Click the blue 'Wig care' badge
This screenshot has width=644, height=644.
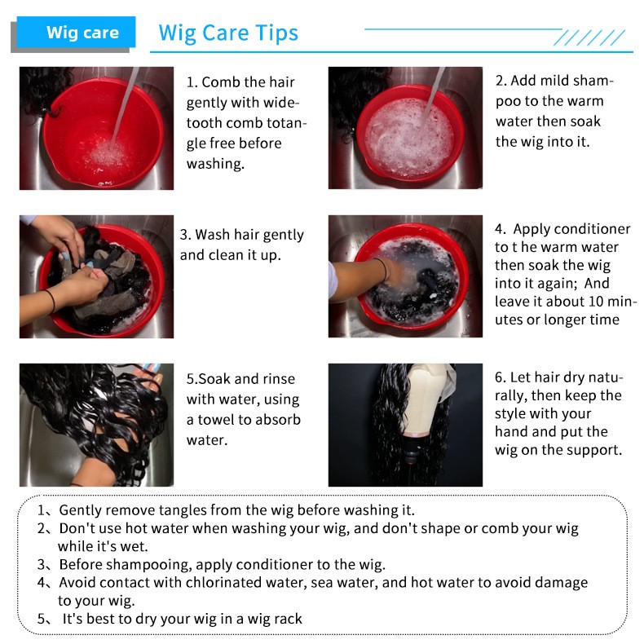(76, 32)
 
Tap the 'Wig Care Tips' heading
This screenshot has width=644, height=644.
(228, 33)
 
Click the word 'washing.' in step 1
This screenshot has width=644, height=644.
(216, 164)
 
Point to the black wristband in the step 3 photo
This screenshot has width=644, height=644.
(51, 301)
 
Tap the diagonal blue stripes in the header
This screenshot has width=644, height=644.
(589, 37)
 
